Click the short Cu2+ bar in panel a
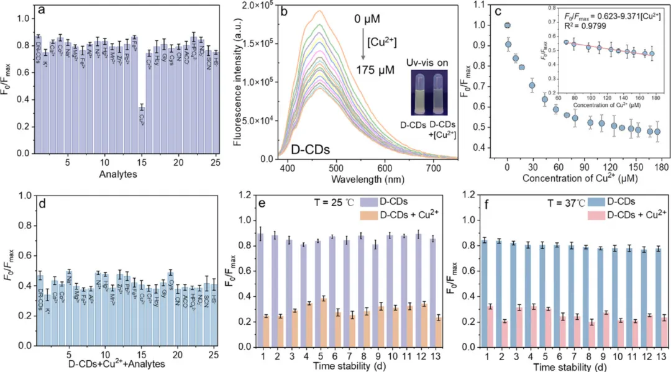[x=142, y=130]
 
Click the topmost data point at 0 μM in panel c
[x=508, y=25]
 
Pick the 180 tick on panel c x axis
[x=660, y=168]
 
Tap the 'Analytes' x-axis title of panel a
[x=118, y=175]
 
